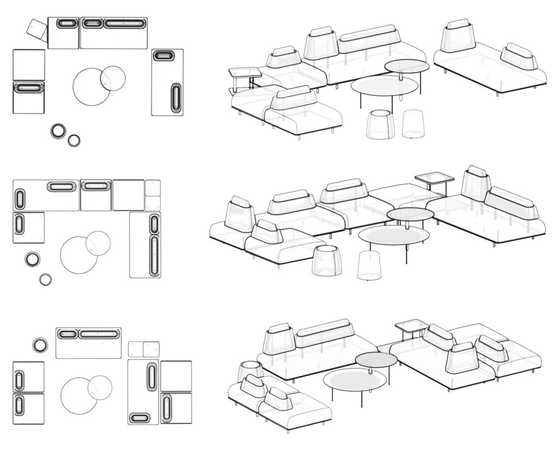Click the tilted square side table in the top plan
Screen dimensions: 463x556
37,29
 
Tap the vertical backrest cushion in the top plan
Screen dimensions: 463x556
176,98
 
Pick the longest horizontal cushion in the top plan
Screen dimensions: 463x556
124,24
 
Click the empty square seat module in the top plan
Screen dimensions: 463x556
28,65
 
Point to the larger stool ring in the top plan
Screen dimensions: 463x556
59,131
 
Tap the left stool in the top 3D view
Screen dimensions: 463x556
379,124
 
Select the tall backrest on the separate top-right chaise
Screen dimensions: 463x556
458,36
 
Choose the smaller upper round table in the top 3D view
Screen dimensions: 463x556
407,66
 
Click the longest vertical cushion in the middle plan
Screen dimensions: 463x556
154,255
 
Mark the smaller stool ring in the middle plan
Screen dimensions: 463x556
46,279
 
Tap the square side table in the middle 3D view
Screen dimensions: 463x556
434,178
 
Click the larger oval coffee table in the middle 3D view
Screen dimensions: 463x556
394,235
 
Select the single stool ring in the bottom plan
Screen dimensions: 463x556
40,345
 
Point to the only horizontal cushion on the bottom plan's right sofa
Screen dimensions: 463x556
140,418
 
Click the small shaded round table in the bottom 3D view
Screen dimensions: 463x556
376,359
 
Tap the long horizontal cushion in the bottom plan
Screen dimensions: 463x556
99,334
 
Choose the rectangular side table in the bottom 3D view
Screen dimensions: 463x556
412,325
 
